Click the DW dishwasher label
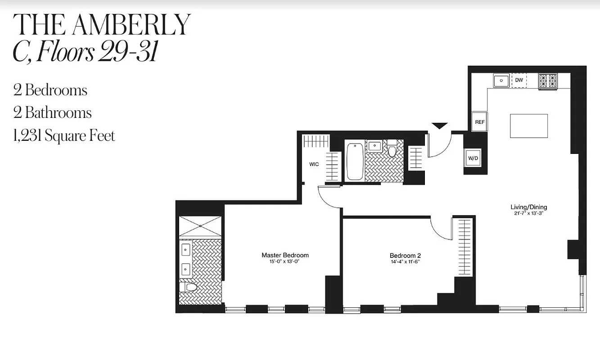tap(519, 80)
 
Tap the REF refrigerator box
tap(479, 122)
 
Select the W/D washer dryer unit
tap(473, 158)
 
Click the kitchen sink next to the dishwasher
tap(501, 81)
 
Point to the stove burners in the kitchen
tap(548, 81)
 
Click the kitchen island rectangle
tap(529, 126)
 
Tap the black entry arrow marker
tap(440, 126)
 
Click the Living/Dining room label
tap(528, 207)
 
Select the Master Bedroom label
tap(285, 255)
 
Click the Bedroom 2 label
tap(405, 256)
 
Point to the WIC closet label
tap(314, 164)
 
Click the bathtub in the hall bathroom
tap(355, 161)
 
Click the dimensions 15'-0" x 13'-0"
tap(284, 261)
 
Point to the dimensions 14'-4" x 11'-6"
tap(405, 261)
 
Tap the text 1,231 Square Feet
tap(64, 135)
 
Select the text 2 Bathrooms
tap(53, 112)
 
